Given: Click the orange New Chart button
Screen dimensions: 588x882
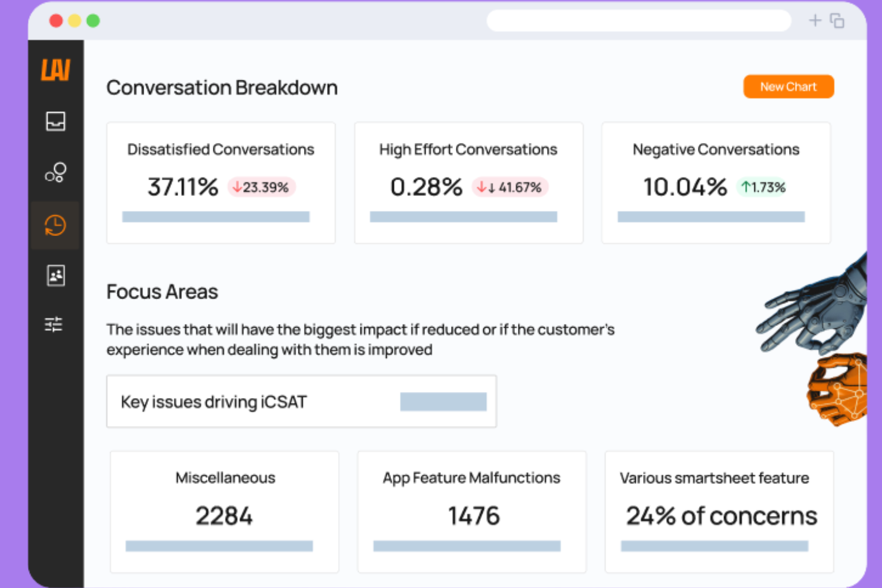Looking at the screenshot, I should click(788, 87).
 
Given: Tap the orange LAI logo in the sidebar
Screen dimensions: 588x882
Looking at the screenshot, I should click(55, 70).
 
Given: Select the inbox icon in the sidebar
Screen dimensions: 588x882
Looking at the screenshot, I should click(55, 122).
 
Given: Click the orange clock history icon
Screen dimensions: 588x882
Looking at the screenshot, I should click(55, 225).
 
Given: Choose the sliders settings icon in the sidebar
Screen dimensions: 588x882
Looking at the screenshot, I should click(54, 324).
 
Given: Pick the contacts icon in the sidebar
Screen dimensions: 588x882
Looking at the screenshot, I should click(55, 275).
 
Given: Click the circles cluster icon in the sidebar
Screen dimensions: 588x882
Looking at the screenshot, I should click(55, 173).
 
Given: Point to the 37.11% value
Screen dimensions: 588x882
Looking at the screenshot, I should click(183, 187).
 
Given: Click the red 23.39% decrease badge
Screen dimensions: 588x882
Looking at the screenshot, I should click(261, 187).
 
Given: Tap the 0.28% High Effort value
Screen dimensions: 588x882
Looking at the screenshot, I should click(426, 187).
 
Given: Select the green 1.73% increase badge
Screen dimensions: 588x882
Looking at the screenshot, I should click(763, 187).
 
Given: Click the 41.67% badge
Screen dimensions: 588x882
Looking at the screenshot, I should click(510, 187).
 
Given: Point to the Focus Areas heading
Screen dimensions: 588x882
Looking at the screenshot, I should click(162, 292).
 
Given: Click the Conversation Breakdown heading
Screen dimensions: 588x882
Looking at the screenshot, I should click(222, 88).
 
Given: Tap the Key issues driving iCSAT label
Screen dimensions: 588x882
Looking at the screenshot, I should click(213, 402).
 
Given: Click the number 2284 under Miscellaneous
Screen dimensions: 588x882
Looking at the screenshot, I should click(224, 516).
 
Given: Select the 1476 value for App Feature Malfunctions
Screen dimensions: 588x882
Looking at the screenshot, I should click(474, 516).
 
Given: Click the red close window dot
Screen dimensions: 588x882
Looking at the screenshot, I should click(56, 21).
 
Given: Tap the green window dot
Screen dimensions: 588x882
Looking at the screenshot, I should click(93, 21).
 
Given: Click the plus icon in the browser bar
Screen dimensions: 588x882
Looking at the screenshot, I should click(815, 21).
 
